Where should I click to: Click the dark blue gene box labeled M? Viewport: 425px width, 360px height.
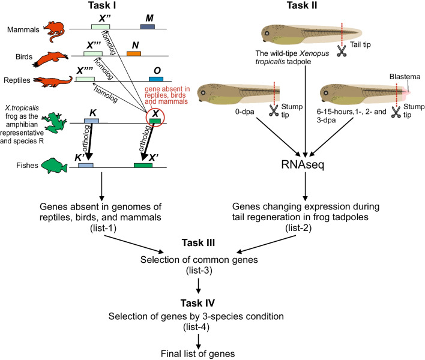pos(148,27)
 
